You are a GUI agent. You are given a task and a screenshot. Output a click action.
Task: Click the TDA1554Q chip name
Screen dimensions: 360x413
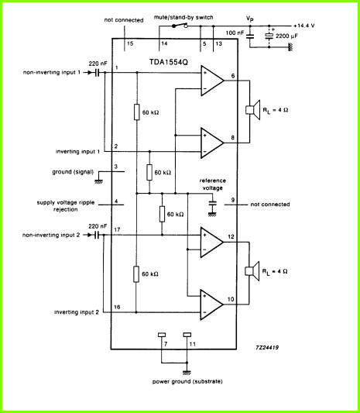169,62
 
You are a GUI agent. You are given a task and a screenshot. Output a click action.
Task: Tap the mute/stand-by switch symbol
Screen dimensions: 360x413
180,26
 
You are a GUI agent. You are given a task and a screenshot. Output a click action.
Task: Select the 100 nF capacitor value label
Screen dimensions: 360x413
235,33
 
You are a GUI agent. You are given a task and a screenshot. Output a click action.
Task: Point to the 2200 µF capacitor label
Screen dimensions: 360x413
286,36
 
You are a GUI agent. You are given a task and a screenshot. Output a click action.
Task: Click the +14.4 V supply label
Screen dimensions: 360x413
304,26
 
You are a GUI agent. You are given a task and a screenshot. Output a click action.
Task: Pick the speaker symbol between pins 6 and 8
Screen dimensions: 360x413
253,110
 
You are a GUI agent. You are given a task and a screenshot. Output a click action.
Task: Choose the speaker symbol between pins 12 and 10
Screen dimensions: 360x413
252,271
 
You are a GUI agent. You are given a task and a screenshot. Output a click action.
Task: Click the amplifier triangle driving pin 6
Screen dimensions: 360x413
212,81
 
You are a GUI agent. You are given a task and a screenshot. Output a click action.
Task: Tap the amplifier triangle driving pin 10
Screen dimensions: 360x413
212,305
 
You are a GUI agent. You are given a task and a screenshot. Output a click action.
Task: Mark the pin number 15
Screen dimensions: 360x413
130,43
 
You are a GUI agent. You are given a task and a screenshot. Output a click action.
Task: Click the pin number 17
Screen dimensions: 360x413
117,229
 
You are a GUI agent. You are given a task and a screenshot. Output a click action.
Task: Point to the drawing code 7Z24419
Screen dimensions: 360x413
267,347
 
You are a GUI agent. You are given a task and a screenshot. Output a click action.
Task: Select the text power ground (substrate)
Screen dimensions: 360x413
187,381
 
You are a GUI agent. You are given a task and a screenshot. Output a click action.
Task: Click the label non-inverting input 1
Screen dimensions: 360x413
52,72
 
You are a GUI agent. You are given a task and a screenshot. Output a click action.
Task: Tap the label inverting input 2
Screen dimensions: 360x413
77,312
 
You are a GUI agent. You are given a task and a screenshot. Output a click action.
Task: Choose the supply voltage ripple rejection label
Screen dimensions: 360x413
66,206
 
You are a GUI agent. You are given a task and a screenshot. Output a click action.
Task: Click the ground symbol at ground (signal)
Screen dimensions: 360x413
99,181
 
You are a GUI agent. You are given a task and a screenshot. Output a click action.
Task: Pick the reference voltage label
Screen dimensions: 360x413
213,184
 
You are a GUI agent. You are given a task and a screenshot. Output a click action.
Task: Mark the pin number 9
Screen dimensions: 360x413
233,200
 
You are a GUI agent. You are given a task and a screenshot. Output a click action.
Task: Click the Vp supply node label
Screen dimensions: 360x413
250,19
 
